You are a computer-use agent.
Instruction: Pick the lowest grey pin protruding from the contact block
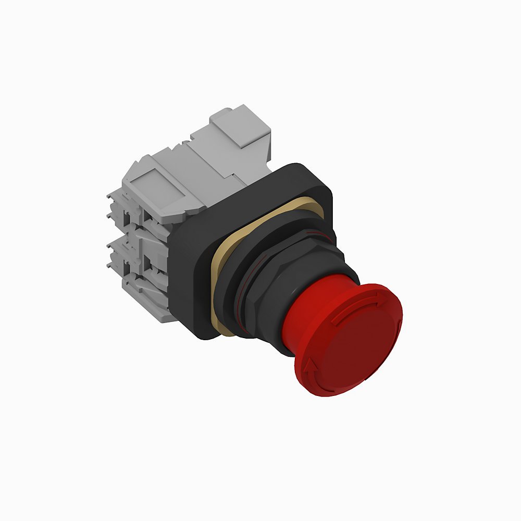(x=110, y=266)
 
